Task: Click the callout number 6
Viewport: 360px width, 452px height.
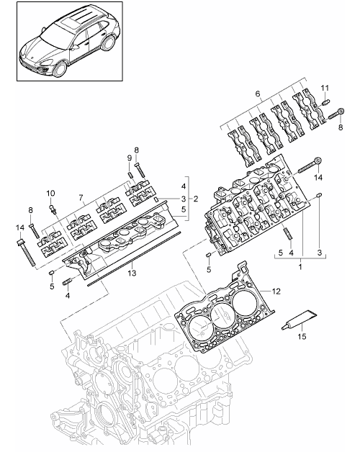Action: [258, 94]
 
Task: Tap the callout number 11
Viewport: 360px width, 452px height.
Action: [325, 89]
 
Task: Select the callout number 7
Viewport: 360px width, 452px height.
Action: [81, 197]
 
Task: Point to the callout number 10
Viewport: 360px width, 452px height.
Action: [50, 193]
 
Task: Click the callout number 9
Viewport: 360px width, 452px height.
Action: [129, 158]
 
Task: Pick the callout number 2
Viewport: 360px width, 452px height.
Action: [196, 199]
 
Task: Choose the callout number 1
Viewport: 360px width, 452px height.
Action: [300, 266]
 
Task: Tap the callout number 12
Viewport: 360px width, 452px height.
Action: [276, 291]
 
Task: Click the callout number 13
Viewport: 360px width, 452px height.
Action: [132, 273]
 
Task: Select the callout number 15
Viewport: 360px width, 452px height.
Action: [302, 336]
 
